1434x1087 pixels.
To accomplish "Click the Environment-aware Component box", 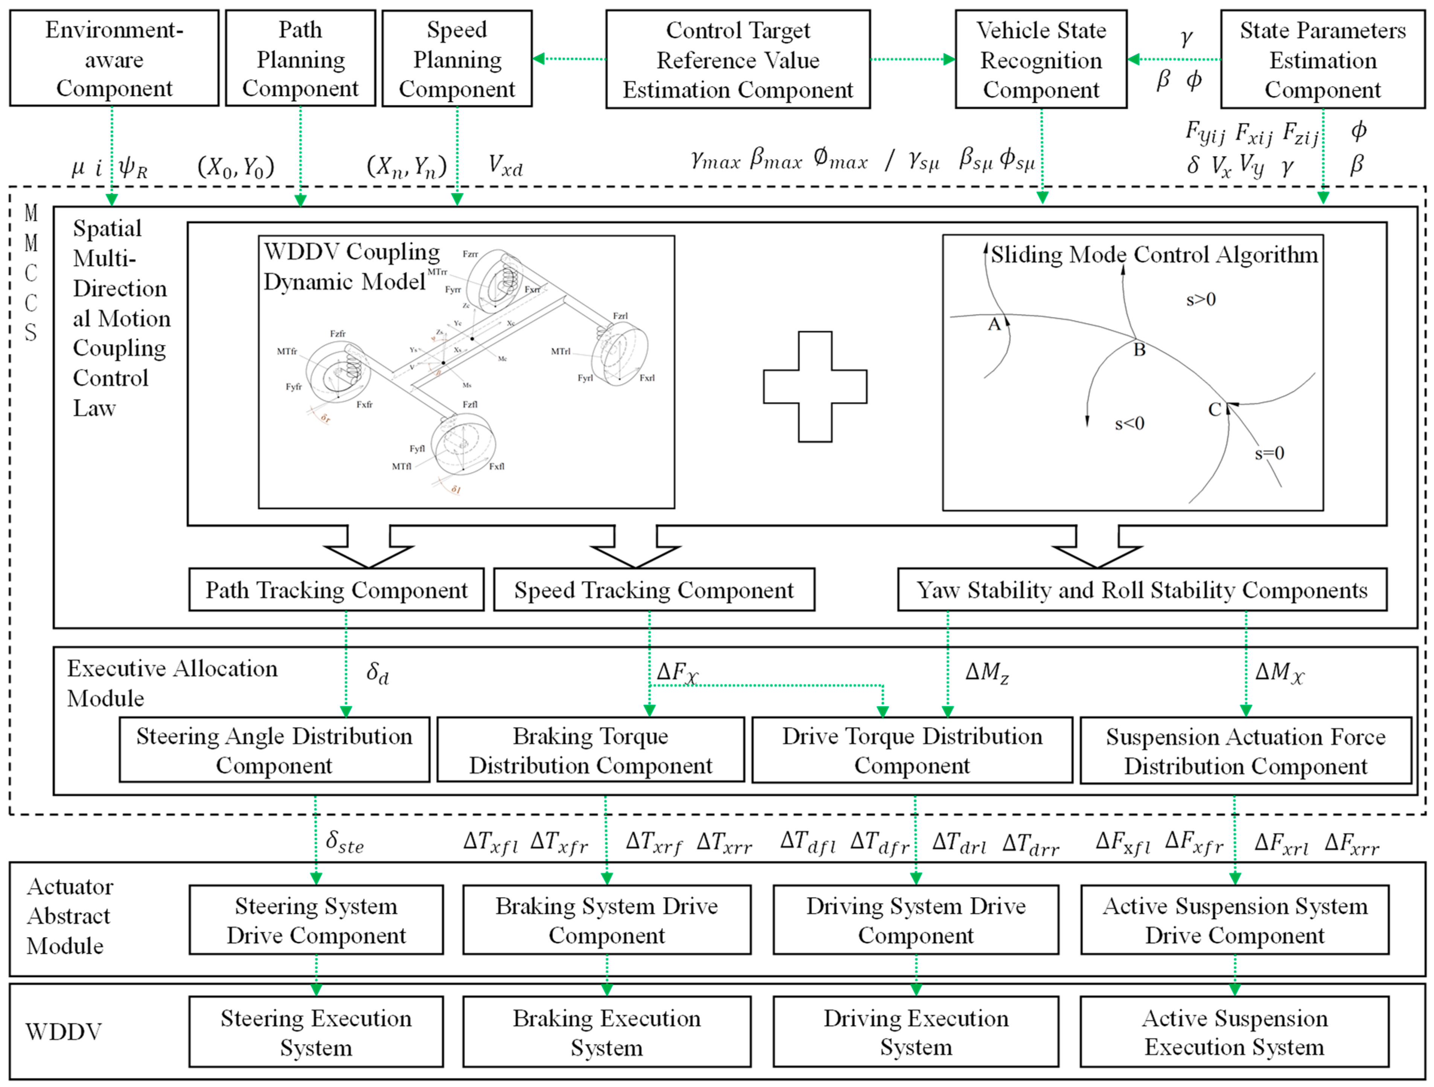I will (114, 58).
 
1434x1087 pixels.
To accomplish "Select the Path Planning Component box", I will (300, 58).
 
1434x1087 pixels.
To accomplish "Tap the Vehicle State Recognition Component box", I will (1041, 59).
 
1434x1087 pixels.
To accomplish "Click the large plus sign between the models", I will (815, 387).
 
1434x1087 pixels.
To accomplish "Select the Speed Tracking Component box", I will (654, 590).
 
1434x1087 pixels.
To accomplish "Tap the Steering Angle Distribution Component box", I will (274, 750).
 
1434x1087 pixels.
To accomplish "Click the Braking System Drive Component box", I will (607, 920).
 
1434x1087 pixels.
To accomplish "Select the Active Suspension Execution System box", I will (1234, 1032).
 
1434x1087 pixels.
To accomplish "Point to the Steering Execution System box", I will (316, 1032).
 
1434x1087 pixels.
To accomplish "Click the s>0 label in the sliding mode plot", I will (1201, 300).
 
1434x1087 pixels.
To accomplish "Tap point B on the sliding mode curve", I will (1139, 350).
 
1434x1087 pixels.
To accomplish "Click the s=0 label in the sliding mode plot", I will (1269, 453).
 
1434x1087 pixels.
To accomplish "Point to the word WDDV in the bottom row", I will (64, 1032).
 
